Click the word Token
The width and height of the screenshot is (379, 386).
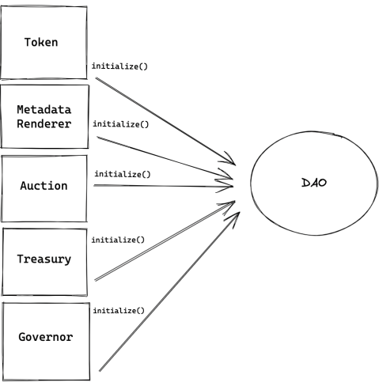coord(44,41)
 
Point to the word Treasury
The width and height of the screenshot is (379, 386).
coord(44,259)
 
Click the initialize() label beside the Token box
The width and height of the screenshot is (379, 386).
coord(119,66)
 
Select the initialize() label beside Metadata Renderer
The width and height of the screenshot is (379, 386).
coord(119,124)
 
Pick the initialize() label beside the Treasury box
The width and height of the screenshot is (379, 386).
coord(119,240)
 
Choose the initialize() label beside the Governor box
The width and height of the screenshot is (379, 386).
coord(119,311)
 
